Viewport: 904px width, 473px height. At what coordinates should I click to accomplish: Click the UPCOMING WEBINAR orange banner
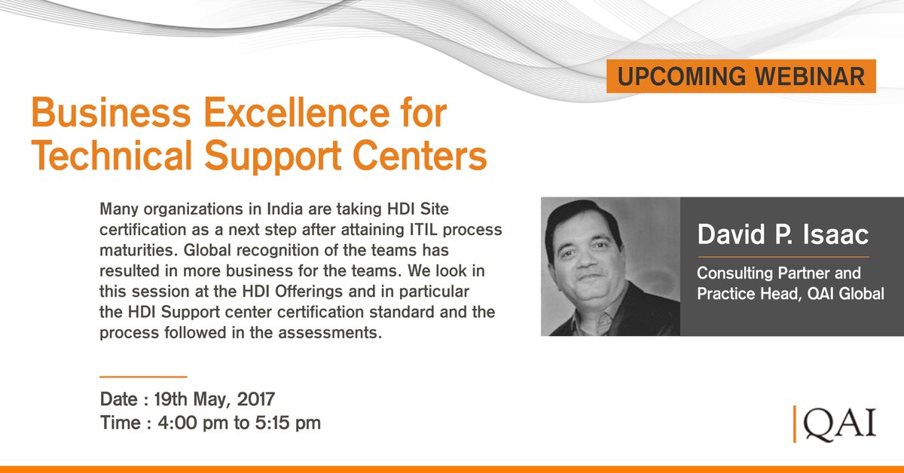coord(741,76)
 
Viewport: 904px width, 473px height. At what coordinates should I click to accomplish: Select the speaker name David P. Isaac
coord(783,234)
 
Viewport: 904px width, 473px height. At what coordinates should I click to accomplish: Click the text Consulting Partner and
coord(778,273)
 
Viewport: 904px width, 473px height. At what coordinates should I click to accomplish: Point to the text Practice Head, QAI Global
coord(790,294)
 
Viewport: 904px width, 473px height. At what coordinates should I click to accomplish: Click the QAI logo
coord(836,423)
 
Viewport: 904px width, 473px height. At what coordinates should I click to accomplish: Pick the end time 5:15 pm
coord(282,423)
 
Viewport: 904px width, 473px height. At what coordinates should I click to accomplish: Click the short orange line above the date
coord(143,375)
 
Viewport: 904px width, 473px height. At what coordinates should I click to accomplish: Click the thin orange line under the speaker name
coord(783,256)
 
